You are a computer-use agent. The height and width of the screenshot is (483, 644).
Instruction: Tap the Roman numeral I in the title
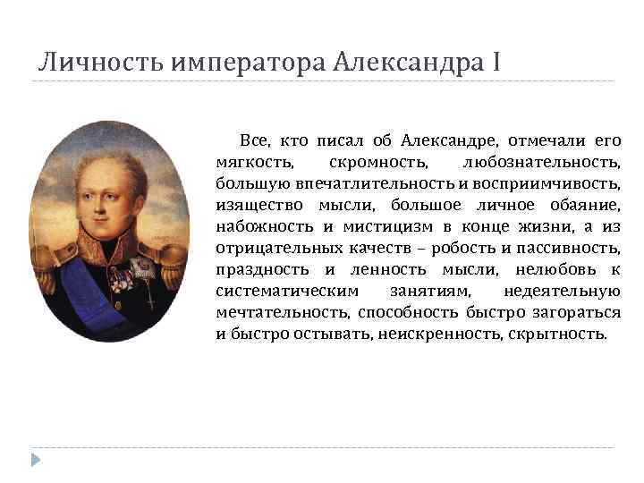pos(495,64)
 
